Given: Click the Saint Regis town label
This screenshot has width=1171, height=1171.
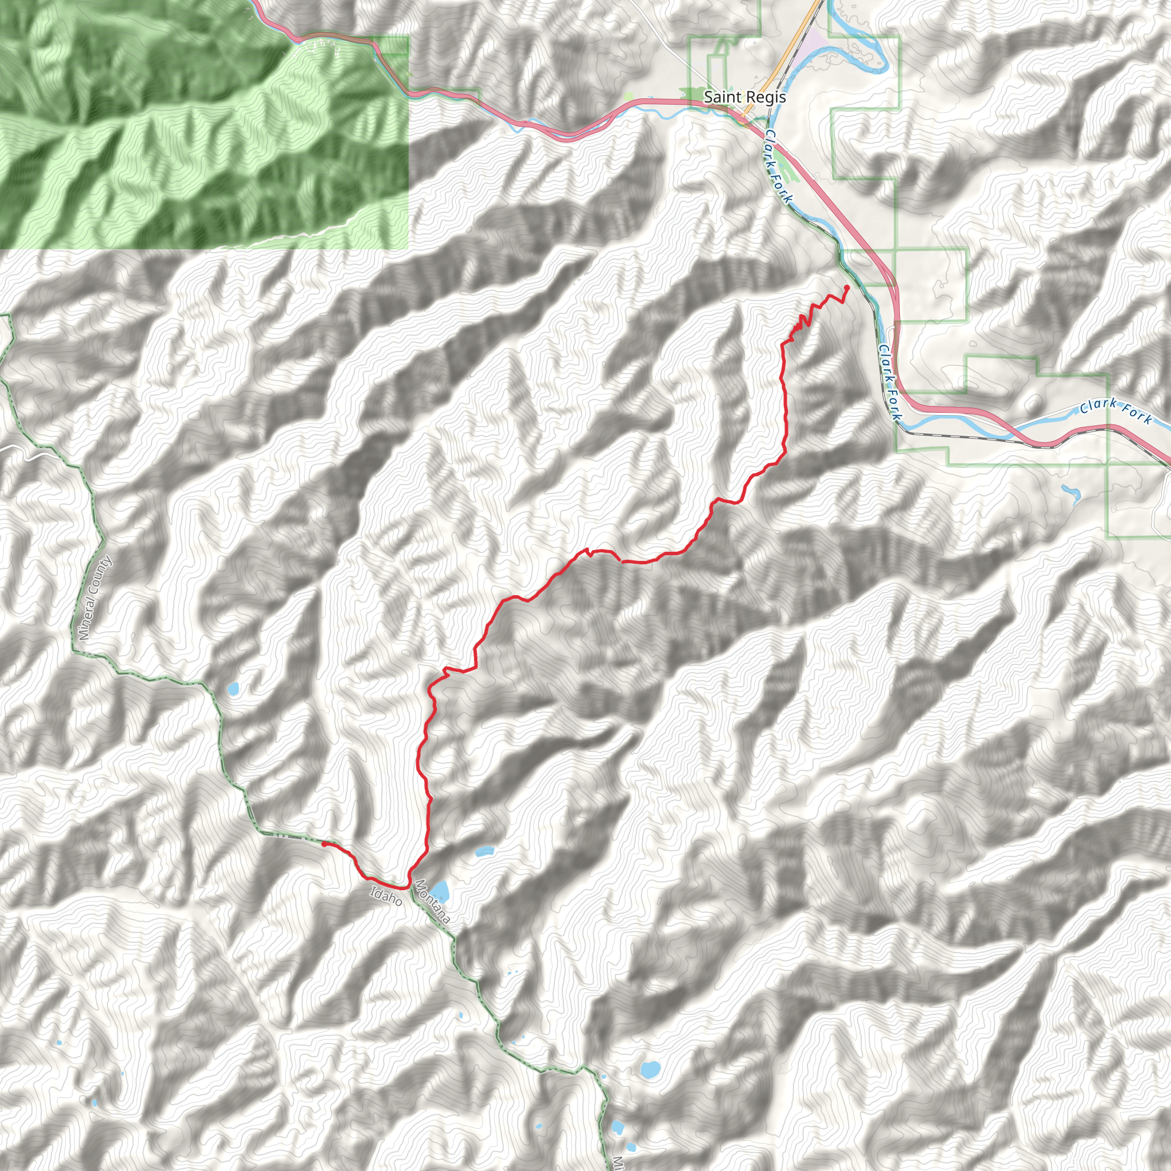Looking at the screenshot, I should coord(744,97).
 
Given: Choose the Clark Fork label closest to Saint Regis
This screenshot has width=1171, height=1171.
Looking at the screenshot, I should coord(778,165).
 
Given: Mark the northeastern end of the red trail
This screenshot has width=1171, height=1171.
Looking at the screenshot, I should coord(846,287).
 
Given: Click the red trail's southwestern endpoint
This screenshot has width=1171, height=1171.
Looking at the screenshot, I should coord(324,844).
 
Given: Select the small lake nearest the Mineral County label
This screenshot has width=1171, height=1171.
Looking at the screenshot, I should coord(233,688).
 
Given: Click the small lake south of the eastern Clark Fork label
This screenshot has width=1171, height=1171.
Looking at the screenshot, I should coord(1070,494).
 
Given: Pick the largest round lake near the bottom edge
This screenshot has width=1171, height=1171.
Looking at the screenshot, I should coord(649,1069).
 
